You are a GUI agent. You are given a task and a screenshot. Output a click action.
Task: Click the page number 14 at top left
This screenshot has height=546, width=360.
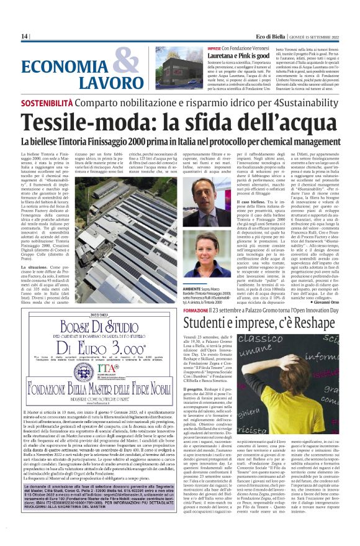(x=25, y=37)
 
